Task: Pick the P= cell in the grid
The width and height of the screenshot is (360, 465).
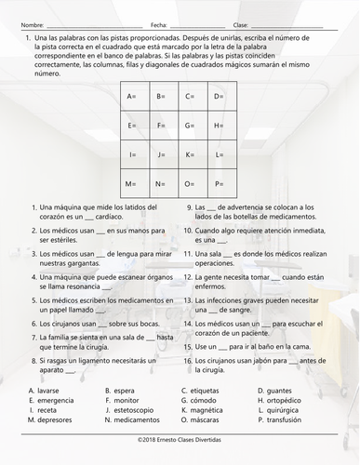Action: pos(219,184)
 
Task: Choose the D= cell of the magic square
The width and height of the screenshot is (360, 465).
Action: pos(219,97)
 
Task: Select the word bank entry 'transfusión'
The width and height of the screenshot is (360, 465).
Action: pos(278,420)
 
